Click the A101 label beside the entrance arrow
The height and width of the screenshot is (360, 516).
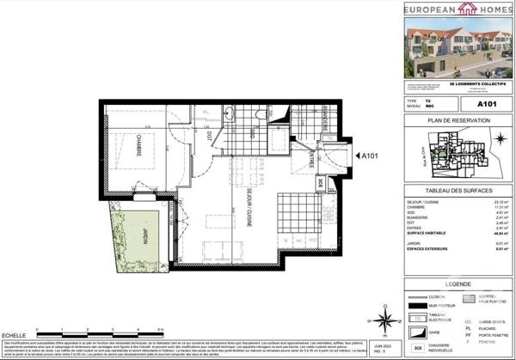coord(371,156)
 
